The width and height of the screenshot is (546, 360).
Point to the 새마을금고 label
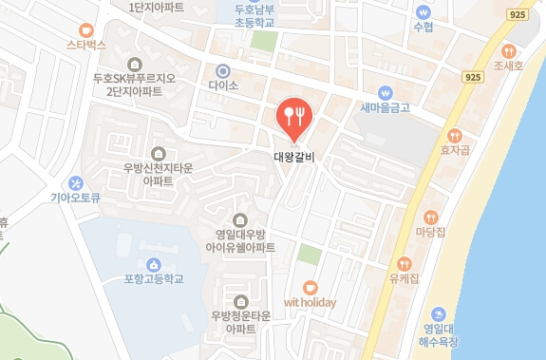pyautogui.click(x=385, y=107)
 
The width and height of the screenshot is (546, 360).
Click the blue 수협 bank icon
pyautogui.click(x=423, y=12)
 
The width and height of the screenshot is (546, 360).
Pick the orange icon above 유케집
pyautogui.click(x=404, y=263)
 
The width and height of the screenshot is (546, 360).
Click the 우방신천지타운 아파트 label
pyautogui.click(x=158, y=173)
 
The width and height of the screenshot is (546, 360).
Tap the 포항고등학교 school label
pyautogui.click(x=154, y=279)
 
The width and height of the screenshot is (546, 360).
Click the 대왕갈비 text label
pyautogui.click(x=293, y=157)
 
